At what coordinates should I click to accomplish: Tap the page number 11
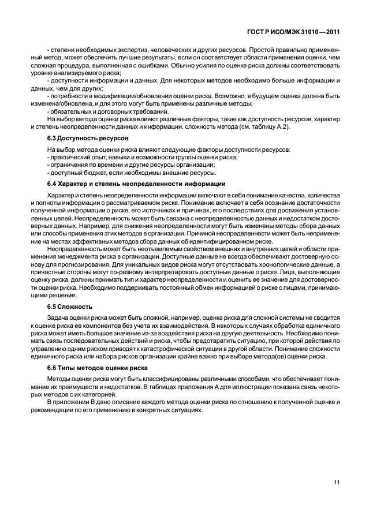click(x=337, y=484)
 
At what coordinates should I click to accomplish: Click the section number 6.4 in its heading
click(x=51, y=184)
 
